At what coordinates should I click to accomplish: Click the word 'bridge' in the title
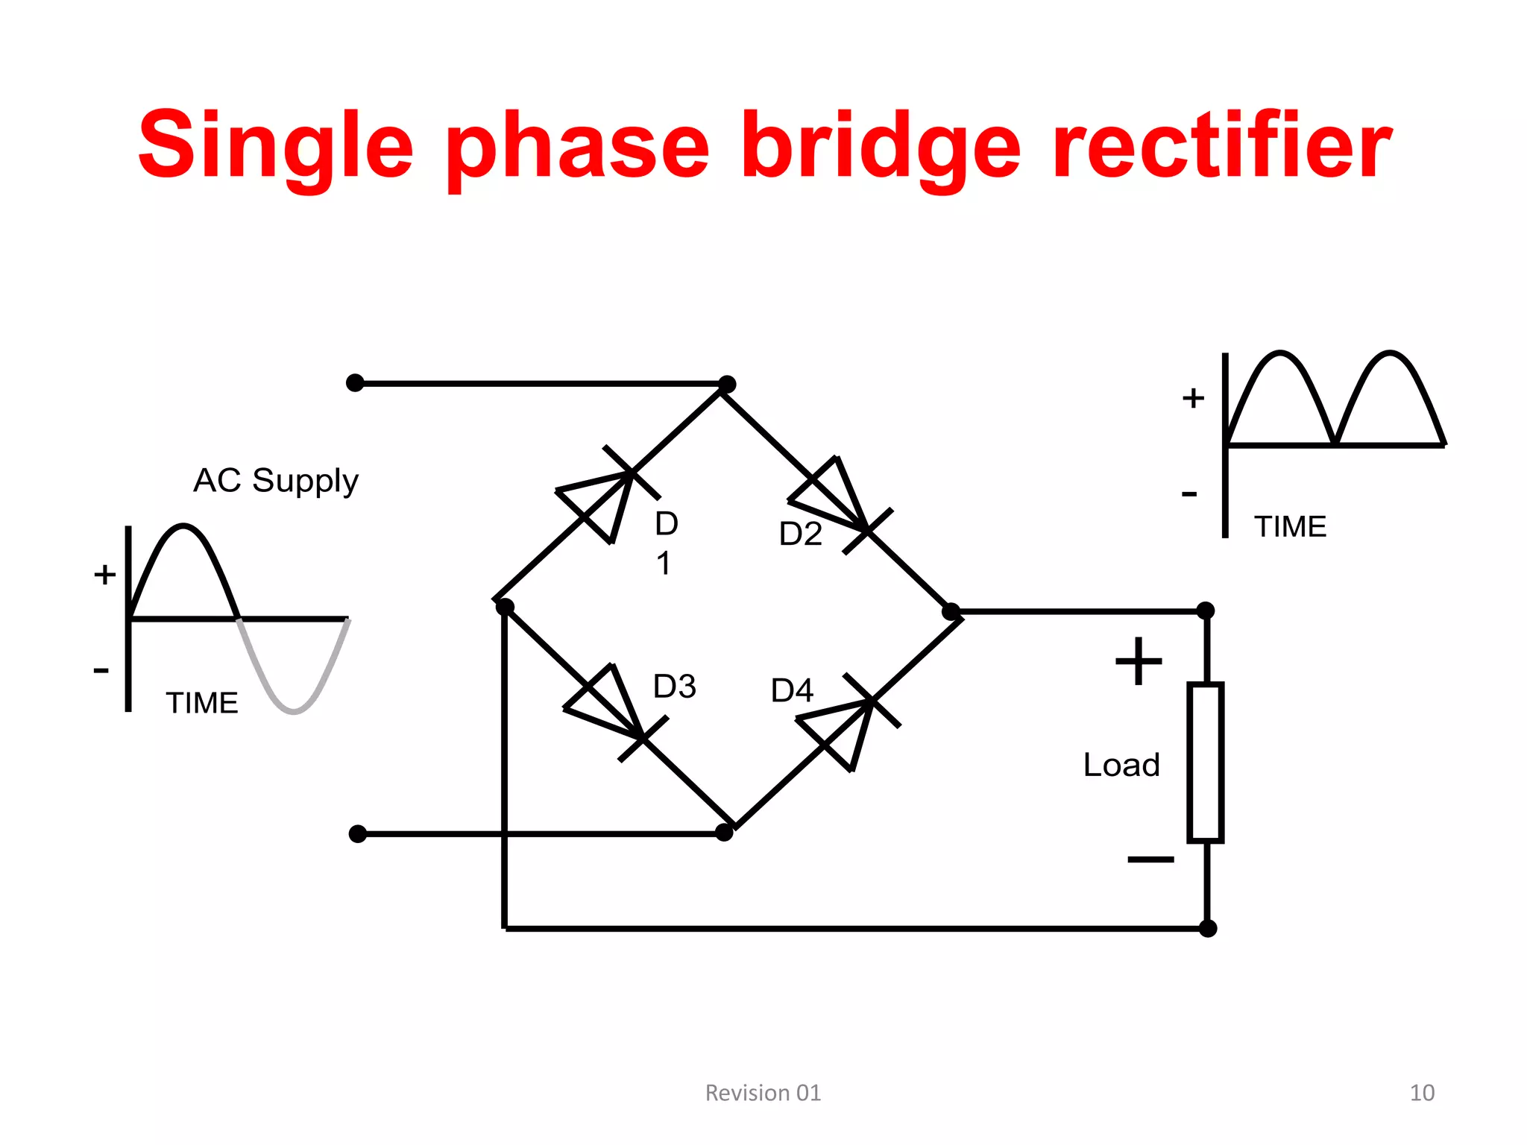(x=881, y=145)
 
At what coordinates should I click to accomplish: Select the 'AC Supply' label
(x=276, y=481)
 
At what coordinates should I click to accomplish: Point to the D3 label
(x=674, y=686)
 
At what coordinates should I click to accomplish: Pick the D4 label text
(x=792, y=690)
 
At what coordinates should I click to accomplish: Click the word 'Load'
(x=1121, y=766)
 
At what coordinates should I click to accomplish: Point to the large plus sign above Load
(x=1138, y=661)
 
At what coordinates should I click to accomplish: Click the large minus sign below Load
(x=1150, y=859)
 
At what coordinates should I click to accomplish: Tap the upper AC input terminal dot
(x=356, y=383)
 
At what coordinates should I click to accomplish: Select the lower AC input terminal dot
(x=358, y=833)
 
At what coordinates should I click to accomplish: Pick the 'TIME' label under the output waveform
(x=1290, y=527)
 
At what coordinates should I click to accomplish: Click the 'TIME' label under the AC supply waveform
(x=201, y=703)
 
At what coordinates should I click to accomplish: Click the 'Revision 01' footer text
(x=763, y=1093)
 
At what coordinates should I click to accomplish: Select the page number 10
(x=1422, y=1093)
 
